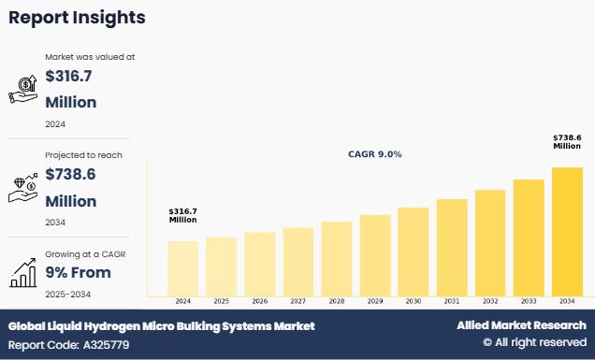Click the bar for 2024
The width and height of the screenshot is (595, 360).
pos(183,268)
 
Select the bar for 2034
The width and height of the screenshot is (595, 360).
pos(567,232)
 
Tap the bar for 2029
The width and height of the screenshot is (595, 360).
pos(375,255)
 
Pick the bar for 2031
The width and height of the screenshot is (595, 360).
pos(452,248)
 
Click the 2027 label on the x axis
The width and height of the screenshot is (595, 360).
pos(297,301)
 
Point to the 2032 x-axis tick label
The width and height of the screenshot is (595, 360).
pos(490,301)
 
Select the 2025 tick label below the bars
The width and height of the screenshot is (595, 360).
pos(221,301)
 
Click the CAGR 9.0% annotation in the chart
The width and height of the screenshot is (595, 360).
pos(375,154)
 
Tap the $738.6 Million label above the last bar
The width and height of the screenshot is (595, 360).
pos(567,142)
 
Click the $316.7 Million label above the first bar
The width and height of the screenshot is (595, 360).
pos(183,215)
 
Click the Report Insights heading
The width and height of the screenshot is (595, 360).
pos(77,18)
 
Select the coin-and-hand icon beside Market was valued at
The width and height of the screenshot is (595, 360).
pos(23,89)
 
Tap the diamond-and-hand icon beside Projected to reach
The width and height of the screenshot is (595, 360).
pos(23,188)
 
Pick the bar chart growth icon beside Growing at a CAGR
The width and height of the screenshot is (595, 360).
pos(23,273)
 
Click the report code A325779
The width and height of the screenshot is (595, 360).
pos(107,345)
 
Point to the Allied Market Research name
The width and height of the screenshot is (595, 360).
pos(521,325)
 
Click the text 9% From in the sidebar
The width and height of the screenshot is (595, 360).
pos(79,272)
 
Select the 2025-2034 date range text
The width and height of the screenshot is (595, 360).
pos(68,295)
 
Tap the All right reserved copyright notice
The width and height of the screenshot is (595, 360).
pos(535,342)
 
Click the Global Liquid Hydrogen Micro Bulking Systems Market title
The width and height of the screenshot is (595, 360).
pos(162,326)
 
